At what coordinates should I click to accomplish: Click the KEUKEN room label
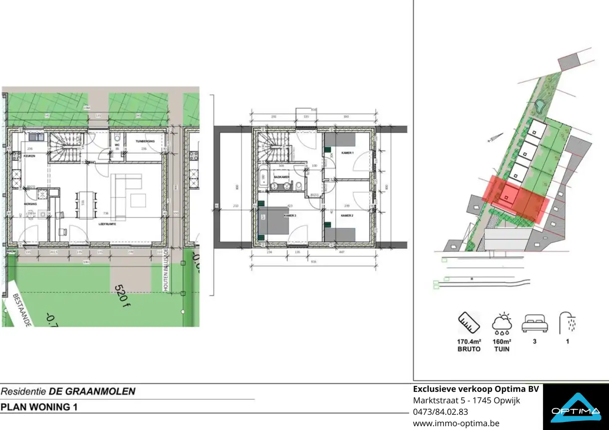(x=29, y=156)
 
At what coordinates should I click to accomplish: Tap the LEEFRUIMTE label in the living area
(x=107, y=224)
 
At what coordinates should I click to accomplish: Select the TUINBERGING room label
(x=145, y=142)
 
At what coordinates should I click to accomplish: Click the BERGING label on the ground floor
(x=30, y=204)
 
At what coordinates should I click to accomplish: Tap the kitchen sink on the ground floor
(x=36, y=136)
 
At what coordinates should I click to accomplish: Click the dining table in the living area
(x=86, y=205)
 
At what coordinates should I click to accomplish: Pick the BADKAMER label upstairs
(x=281, y=177)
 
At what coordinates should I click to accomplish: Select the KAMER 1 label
(x=347, y=153)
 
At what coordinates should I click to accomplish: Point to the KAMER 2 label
(x=347, y=215)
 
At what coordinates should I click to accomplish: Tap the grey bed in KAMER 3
(x=273, y=220)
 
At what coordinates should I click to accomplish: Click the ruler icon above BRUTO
(x=469, y=323)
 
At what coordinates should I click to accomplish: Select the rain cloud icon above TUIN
(x=502, y=324)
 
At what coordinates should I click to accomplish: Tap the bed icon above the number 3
(x=535, y=323)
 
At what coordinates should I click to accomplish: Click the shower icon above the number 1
(x=567, y=323)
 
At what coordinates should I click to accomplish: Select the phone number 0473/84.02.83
(x=440, y=412)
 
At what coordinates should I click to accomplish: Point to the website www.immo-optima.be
(x=456, y=423)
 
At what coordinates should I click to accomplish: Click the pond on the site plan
(x=540, y=108)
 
